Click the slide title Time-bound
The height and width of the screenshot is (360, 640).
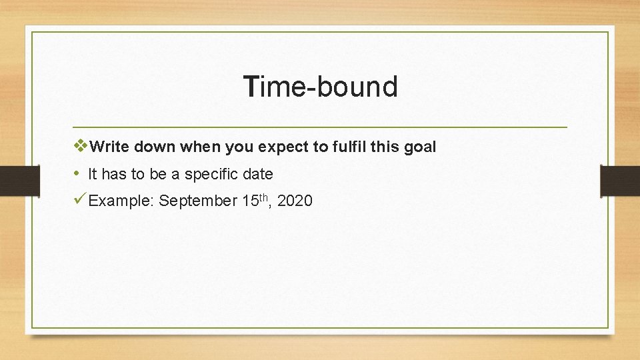pyautogui.click(x=321, y=87)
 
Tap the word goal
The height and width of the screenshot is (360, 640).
pyautogui.click(x=419, y=147)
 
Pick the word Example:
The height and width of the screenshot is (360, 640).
pyautogui.click(x=121, y=201)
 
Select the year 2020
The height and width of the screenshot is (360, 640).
pyautogui.click(x=294, y=201)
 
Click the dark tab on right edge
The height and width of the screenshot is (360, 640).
pyautogui.click(x=620, y=181)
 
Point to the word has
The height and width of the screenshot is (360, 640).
pyautogui.click(x=115, y=175)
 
